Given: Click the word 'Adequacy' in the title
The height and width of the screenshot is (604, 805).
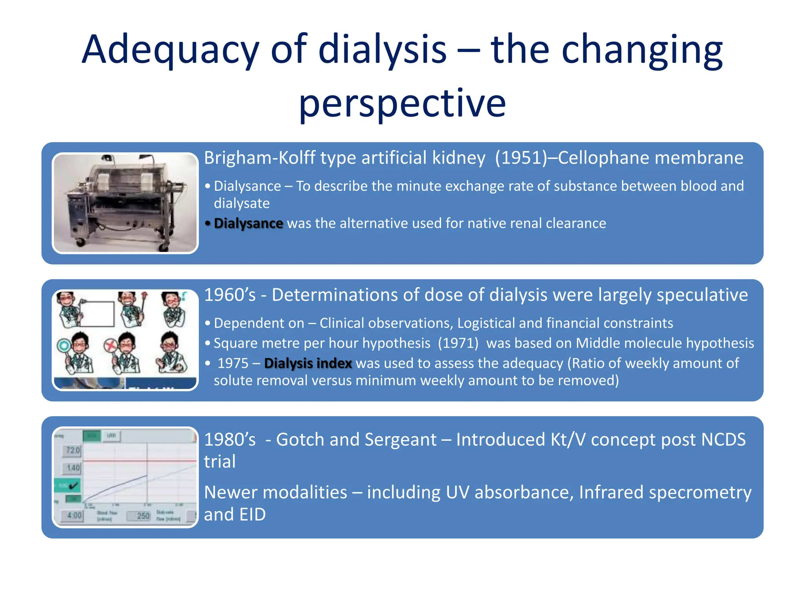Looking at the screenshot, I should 170,50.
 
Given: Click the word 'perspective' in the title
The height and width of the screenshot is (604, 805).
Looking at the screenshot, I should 402,103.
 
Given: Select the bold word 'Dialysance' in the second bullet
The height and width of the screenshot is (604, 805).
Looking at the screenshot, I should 248,223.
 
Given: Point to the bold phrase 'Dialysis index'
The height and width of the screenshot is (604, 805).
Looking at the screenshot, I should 308,363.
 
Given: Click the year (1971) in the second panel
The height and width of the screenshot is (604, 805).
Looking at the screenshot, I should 458,343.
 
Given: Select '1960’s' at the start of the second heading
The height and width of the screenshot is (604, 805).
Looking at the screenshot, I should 230,295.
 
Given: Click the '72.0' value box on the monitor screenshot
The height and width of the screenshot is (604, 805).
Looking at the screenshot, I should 73,450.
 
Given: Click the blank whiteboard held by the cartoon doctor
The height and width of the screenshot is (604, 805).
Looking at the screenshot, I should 97,313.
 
